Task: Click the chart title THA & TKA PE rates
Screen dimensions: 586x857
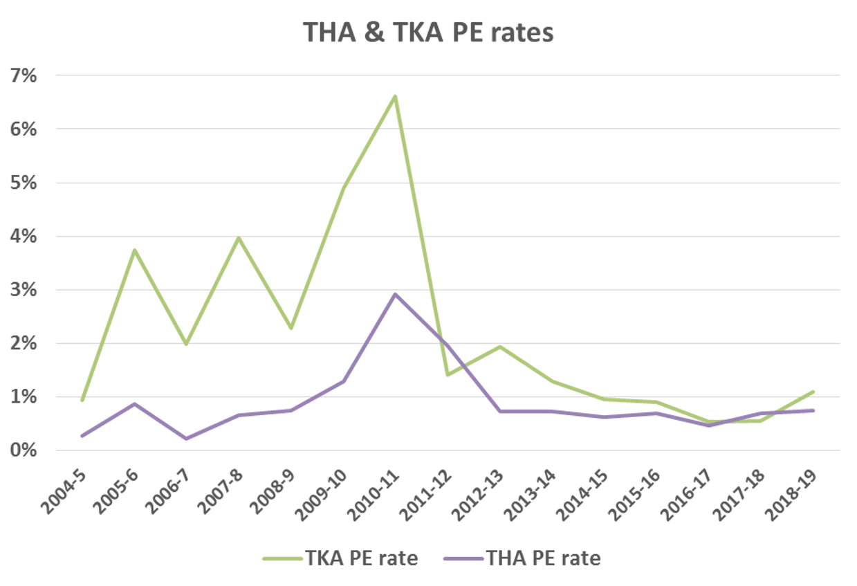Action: point(428,33)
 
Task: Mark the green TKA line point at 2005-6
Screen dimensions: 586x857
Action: point(134,250)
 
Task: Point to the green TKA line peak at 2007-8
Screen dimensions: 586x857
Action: point(239,238)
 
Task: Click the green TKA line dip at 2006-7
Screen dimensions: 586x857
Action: point(186,344)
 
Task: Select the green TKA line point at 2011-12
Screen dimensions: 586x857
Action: point(448,375)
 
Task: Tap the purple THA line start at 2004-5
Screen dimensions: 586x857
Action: point(82,436)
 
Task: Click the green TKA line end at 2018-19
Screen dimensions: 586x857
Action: point(813,392)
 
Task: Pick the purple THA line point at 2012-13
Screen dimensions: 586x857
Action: point(499,411)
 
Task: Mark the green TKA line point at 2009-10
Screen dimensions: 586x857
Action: point(343,188)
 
